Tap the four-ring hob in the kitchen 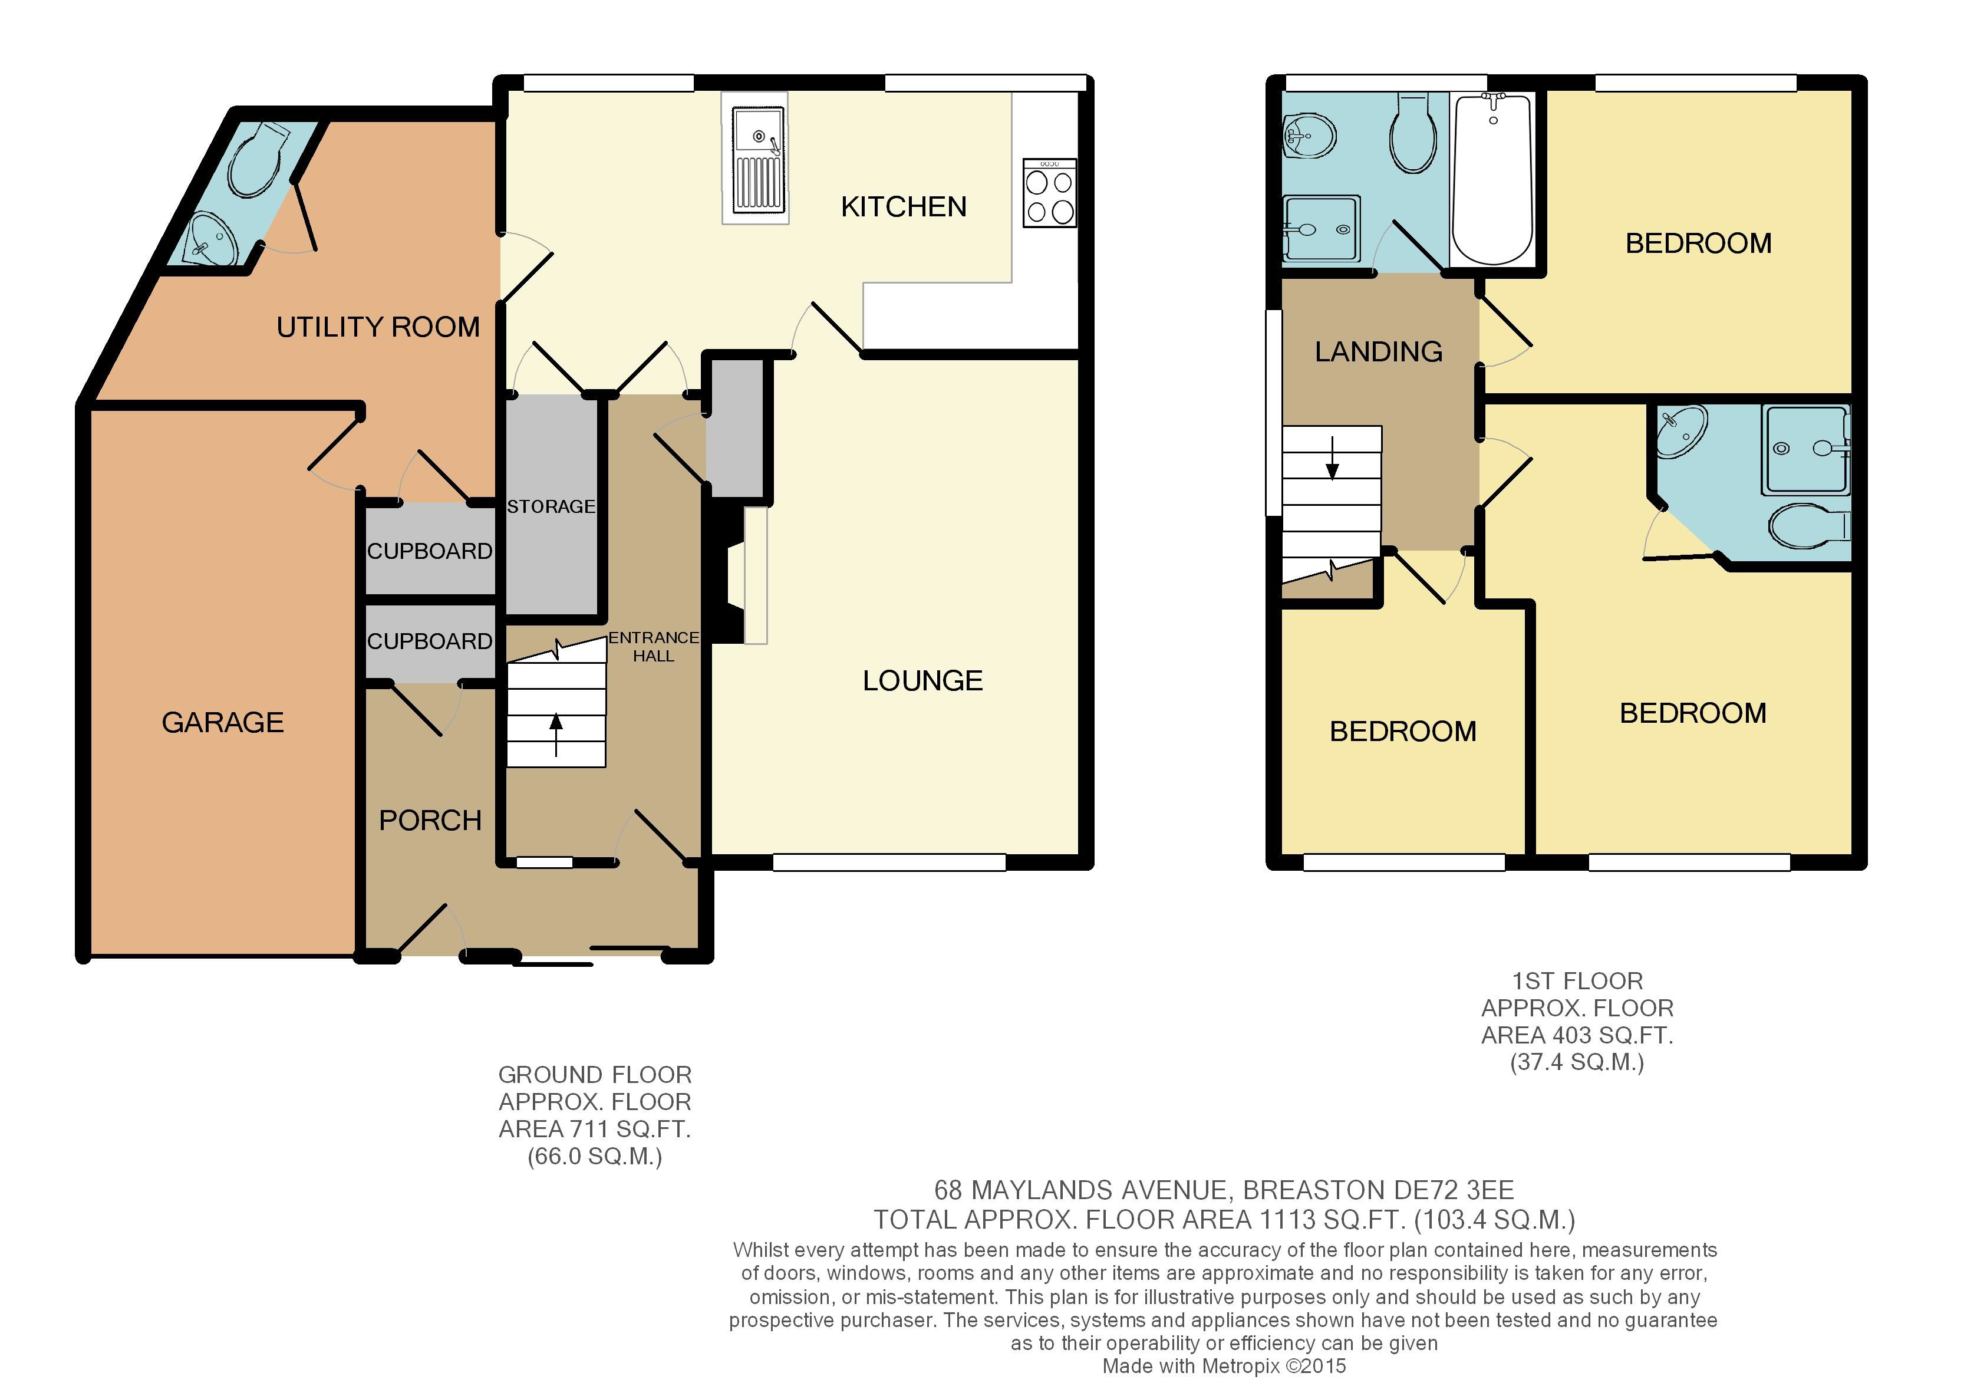click(1050, 193)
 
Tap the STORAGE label click(551, 506)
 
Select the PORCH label click(430, 821)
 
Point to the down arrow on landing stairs click(1332, 457)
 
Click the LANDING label click(1378, 351)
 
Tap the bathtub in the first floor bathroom click(1492, 180)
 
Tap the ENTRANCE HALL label click(654, 647)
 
